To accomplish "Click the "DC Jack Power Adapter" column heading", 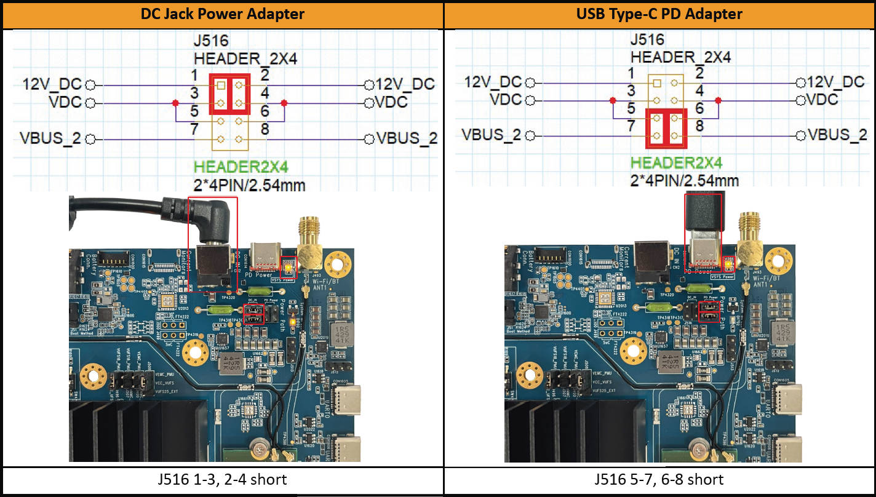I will click(222, 14).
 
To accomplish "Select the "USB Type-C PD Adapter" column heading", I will click(659, 14).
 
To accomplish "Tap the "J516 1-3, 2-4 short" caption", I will click(222, 479).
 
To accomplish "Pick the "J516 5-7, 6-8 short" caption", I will click(659, 479).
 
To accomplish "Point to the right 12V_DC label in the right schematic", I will click(836, 82).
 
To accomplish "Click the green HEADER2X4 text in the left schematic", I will click(241, 166).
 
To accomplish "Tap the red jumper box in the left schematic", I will click(230, 94).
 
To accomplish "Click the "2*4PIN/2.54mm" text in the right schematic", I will click(685, 180).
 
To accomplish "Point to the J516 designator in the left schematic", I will click(212, 41).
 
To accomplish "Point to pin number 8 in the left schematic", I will click(265, 130).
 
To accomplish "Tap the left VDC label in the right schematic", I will click(506, 100).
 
